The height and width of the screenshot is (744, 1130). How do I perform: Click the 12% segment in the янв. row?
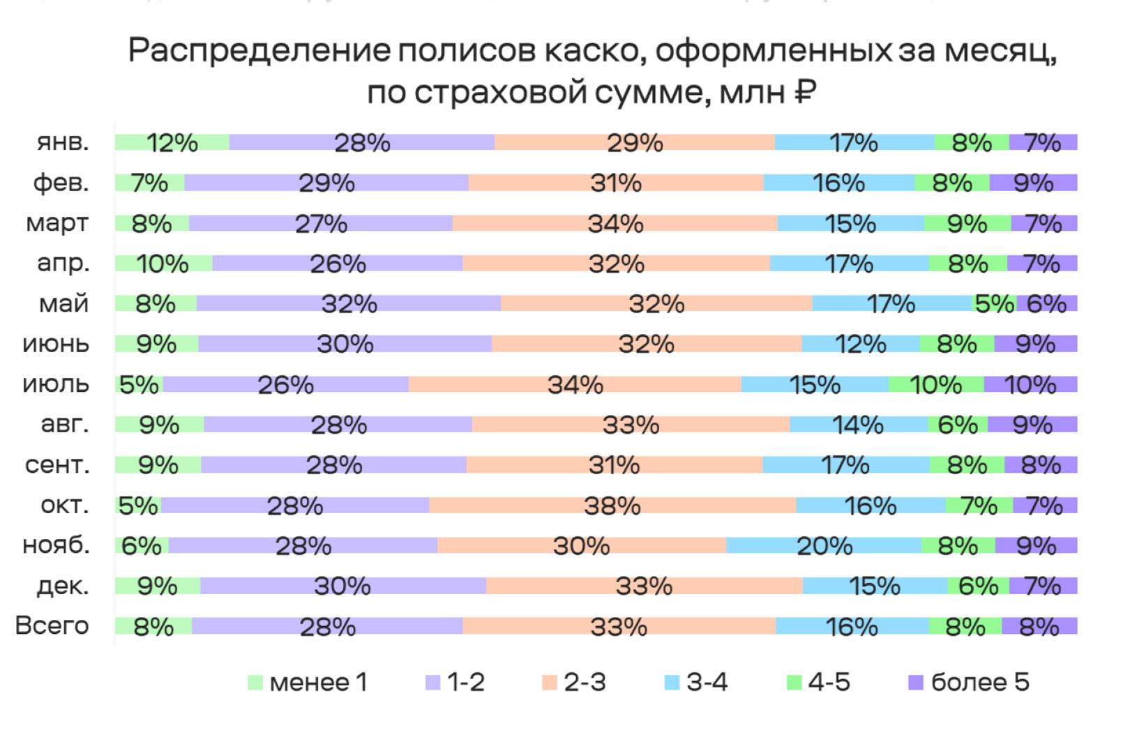(172, 142)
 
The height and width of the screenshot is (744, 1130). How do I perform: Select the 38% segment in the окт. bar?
(612, 506)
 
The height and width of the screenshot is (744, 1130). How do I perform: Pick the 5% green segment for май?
(994, 304)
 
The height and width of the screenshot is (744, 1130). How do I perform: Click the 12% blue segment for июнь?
(860, 344)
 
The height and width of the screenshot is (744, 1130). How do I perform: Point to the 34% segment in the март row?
(615, 224)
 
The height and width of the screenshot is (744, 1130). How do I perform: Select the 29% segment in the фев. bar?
(326, 183)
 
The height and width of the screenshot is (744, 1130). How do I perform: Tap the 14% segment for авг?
(858, 425)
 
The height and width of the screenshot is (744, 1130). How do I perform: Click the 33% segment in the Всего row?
(619, 627)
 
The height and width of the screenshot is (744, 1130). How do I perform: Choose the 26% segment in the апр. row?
(338, 264)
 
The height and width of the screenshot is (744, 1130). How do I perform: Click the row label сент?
(57, 465)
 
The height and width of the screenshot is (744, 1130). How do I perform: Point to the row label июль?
(56, 384)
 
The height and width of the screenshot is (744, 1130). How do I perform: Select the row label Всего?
(52, 626)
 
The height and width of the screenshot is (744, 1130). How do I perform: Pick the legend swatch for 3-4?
(672, 683)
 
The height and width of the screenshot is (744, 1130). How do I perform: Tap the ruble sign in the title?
(804, 92)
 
